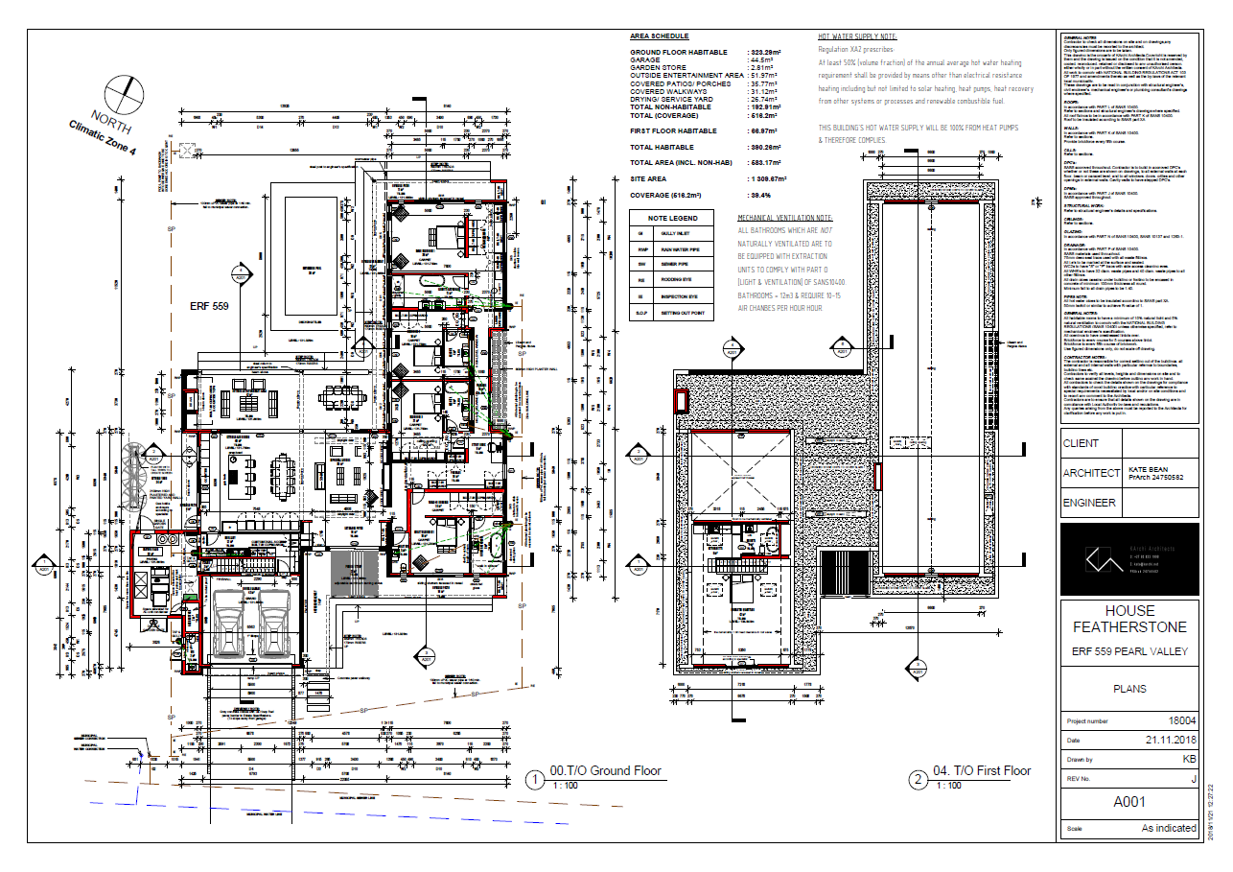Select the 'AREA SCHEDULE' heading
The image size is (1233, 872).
(x=652, y=35)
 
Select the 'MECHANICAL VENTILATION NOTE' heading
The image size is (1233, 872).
(x=785, y=219)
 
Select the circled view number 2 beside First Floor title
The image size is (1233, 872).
(x=918, y=779)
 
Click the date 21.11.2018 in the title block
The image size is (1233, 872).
(x=1171, y=741)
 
